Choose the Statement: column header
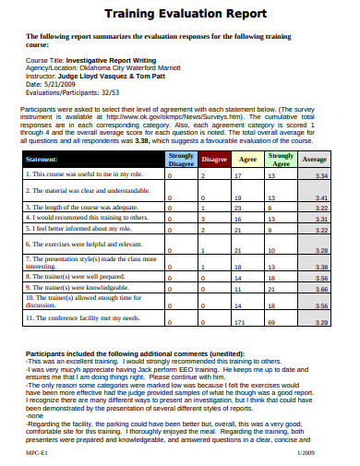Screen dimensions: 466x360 (x=45, y=159)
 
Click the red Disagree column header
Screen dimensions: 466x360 (x=214, y=159)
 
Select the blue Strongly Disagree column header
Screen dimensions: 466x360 (x=180, y=159)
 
